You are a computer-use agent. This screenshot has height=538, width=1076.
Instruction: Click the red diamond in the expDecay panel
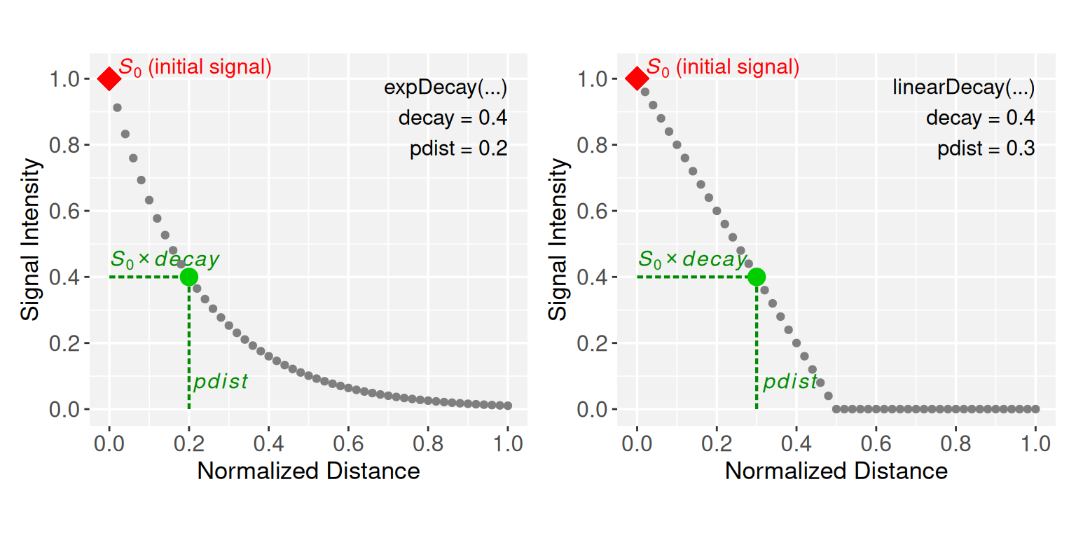click(109, 78)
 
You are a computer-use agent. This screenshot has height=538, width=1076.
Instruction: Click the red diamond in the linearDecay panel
click(637, 78)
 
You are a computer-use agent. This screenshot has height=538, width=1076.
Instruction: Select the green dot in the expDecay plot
click(188, 277)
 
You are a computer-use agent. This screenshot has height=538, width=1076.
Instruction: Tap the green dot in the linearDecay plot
click(757, 277)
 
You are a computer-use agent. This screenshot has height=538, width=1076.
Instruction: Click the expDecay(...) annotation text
click(446, 88)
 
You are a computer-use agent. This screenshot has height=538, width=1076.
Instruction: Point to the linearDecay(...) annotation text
click(963, 88)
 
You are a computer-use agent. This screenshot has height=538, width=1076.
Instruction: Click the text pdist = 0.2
click(458, 149)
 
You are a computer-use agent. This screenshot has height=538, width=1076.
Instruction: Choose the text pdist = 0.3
click(986, 149)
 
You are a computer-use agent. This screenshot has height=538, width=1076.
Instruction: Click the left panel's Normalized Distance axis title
click(308, 471)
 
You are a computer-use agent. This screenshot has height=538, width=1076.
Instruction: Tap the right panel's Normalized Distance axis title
click(836, 471)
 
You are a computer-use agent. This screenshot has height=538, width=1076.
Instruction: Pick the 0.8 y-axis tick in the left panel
click(66, 145)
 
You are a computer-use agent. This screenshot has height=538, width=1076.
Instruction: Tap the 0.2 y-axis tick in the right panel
click(593, 343)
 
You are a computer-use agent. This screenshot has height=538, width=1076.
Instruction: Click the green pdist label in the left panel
click(220, 382)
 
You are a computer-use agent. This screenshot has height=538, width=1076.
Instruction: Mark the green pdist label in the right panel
click(789, 382)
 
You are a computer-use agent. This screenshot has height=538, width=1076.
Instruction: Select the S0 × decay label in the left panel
click(165, 260)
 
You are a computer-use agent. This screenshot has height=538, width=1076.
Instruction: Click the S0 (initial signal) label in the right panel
click(722, 67)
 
